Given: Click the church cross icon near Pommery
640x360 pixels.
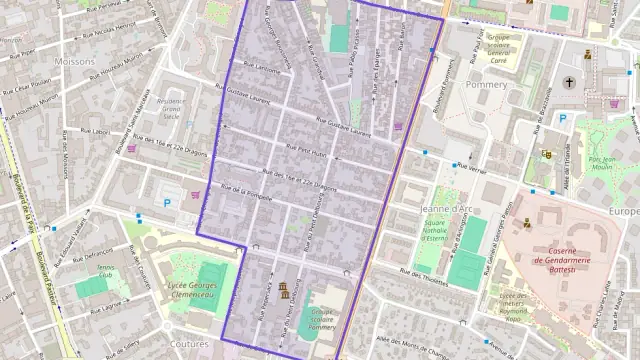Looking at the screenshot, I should [x=570, y=82].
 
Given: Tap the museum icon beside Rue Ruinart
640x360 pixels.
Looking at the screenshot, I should [x=284, y=292].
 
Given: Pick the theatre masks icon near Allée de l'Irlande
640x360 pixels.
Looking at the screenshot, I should [x=546, y=154].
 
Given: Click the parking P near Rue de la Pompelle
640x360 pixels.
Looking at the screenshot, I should [x=167, y=202].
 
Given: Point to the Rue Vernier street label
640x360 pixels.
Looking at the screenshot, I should [x=469, y=168].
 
